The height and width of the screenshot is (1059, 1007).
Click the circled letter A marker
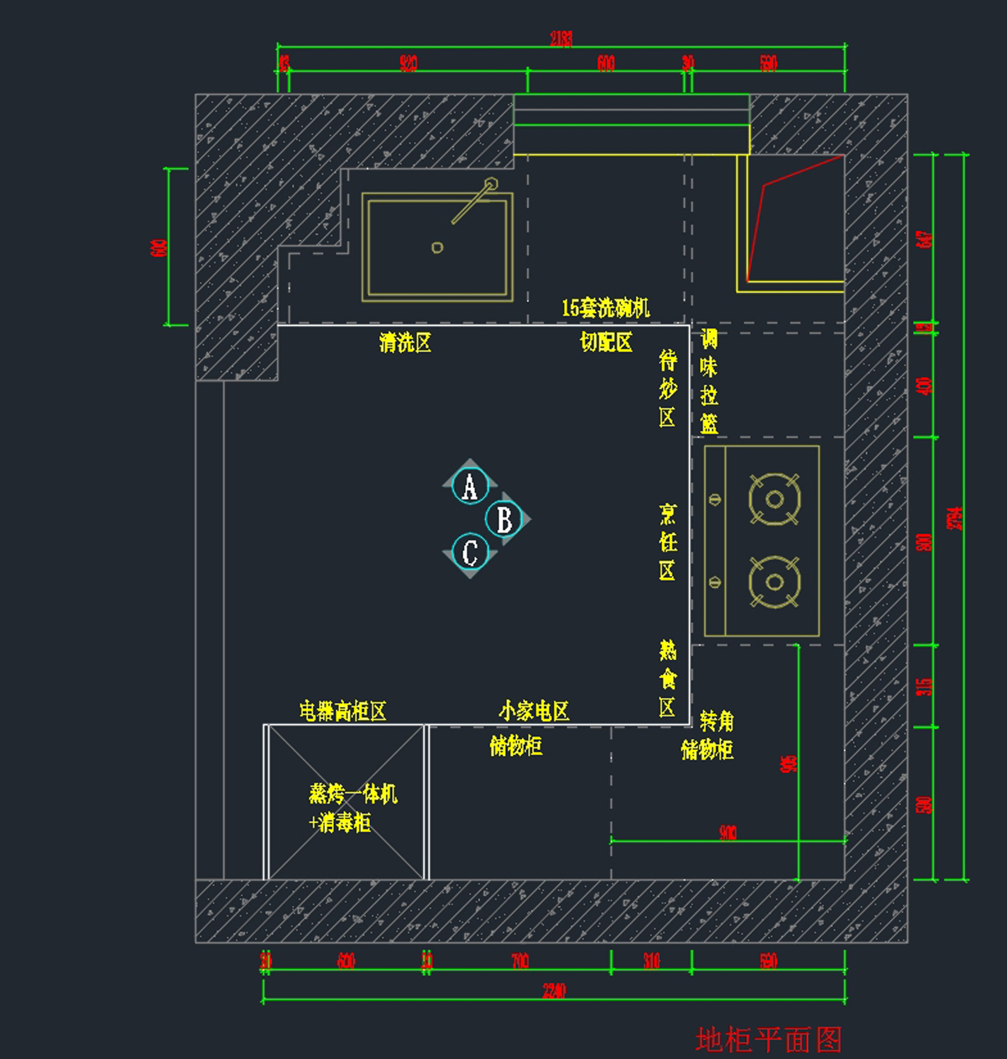[470, 486]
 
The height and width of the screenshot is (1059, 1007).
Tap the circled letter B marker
[504, 519]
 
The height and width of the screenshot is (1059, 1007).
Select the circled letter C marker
[470, 552]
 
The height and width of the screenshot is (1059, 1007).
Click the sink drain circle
[437, 247]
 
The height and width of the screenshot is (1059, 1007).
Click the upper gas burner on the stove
[774, 500]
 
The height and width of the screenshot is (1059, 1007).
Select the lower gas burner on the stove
[774, 582]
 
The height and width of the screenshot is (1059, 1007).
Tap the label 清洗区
[405, 343]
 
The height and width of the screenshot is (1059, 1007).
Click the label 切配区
[606, 343]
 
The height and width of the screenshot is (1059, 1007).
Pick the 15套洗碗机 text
[606, 308]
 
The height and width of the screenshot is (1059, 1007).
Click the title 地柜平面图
[768, 1040]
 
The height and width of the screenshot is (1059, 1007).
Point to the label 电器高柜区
[343, 711]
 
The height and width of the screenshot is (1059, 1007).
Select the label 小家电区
[534, 711]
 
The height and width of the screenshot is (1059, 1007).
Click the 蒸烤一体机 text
[353, 794]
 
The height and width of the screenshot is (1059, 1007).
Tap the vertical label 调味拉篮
[709, 382]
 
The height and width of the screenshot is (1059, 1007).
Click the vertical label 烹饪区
[667, 543]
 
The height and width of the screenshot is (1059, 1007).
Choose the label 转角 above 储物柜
[717, 721]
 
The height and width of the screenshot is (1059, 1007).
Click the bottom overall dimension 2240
[554, 991]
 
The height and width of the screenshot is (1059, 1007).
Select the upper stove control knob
[715, 500]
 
